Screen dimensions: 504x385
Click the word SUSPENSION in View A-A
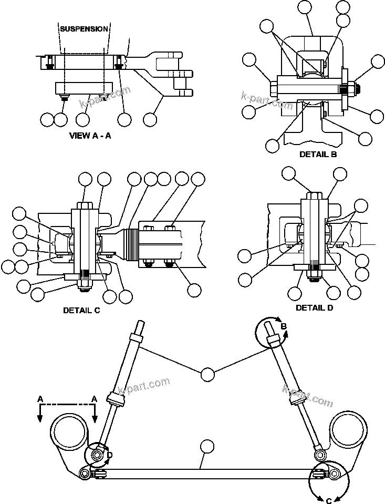(x=84, y=29)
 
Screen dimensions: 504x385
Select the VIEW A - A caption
(x=90, y=135)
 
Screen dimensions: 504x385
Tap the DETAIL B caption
(x=318, y=155)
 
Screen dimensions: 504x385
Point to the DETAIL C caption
(x=81, y=310)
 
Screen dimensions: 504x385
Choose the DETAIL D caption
(x=314, y=307)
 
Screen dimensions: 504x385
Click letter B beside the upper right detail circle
(x=283, y=326)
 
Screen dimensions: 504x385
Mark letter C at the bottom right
(x=329, y=500)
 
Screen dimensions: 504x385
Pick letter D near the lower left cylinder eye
(x=109, y=455)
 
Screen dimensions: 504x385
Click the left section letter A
(x=40, y=399)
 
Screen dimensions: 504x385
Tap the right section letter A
(x=95, y=399)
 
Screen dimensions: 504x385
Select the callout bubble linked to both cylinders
(x=208, y=375)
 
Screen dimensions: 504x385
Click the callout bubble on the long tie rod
(x=208, y=447)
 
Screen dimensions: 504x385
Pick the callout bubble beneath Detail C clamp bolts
(x=194, y=290)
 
